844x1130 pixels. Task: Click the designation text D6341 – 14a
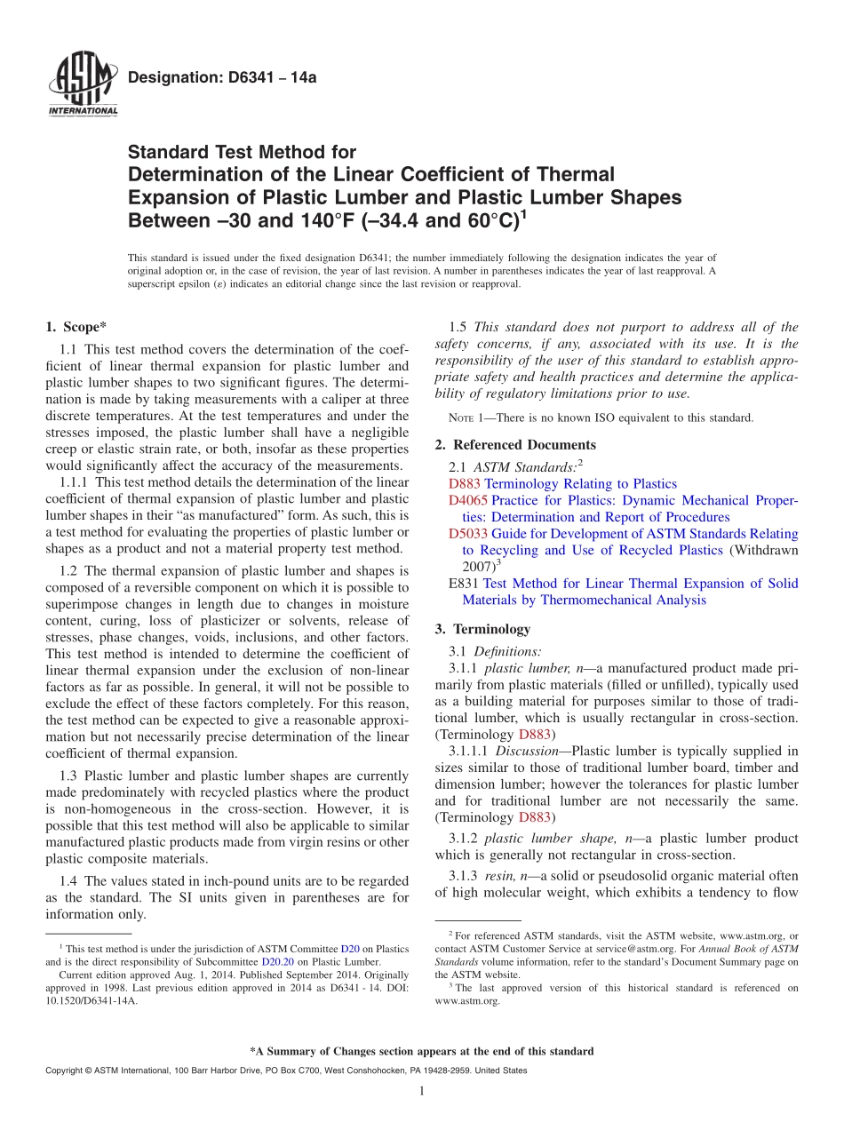click(222, 78)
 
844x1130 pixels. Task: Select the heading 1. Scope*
click(76, 327)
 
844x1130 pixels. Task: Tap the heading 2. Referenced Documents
click(515, 444)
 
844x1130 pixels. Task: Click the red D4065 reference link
click(466, 500)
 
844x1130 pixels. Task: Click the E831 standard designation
click(465, 584)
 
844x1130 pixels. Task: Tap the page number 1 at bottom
click(422, 1092)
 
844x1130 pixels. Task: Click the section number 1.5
click(458, 327)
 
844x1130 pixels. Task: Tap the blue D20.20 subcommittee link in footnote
click(275, 961)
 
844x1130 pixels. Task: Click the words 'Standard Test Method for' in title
click(242, 153)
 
